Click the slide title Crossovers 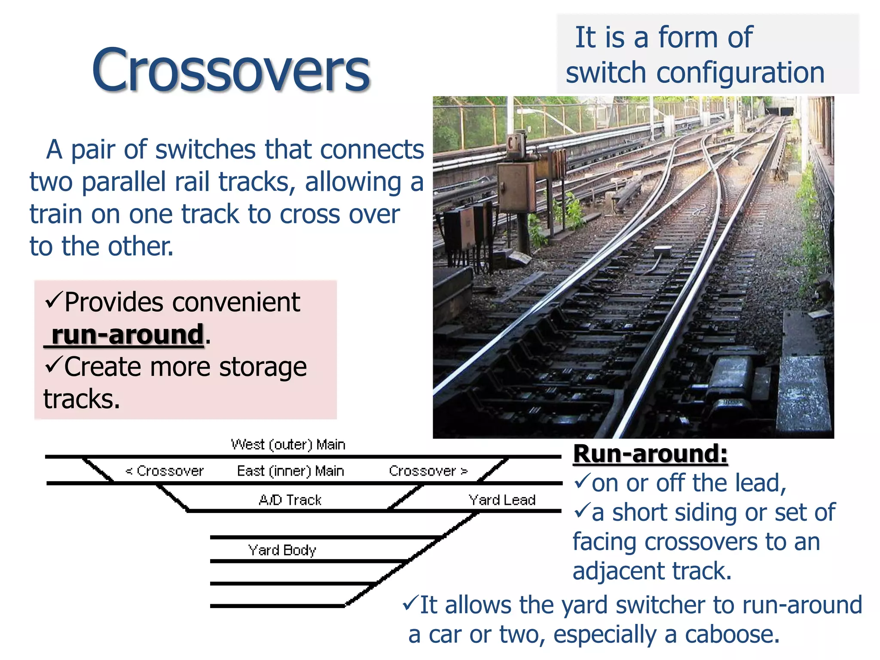231,70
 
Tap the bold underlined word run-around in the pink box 127,334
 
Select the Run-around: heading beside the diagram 650,454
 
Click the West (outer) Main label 288,444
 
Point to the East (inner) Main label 290,471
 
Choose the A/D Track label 290,500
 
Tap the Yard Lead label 502,500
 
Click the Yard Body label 282,550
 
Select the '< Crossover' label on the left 164,471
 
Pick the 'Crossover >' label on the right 428,471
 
